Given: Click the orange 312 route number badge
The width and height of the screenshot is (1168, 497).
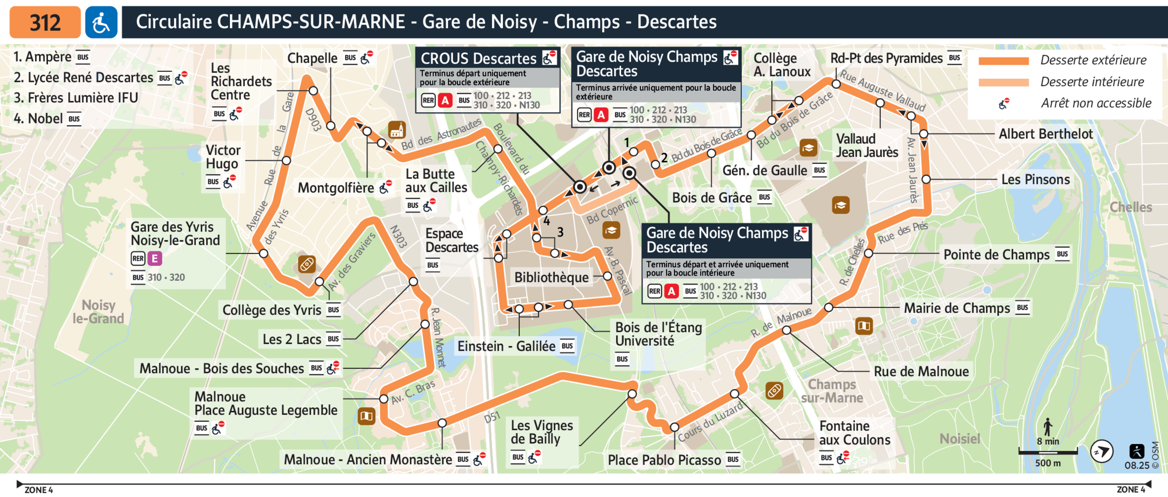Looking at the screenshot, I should click(x=45, y=22).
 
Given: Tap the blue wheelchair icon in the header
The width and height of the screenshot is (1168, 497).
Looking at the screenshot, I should click(x=101, y=22).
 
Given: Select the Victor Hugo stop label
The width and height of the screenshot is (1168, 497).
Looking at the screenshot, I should click(x=223, y=157).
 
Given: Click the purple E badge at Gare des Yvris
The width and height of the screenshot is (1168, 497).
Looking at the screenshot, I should click(x=155, y=259).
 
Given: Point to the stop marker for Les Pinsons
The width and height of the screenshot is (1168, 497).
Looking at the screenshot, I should click(x=926, y=179).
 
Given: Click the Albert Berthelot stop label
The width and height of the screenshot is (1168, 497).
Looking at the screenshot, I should click(x=1045, y=134).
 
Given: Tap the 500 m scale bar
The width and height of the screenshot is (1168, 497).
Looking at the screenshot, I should click(x=1048, y=453).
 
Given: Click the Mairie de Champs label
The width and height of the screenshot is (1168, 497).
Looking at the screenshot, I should click(x=957, y=308).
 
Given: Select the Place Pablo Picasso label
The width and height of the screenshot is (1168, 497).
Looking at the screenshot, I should click(x=664, y=460).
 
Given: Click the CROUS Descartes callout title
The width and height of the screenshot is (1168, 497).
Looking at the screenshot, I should click(x=478, y=58).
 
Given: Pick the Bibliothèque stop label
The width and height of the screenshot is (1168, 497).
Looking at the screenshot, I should click(x=551, y=277).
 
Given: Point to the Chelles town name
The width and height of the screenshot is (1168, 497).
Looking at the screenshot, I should click(x=1130, y=207).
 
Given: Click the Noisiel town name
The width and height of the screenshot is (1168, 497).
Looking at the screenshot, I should click(x=960, y=439).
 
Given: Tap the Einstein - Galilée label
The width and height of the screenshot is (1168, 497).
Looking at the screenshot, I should click(x=506, y=346).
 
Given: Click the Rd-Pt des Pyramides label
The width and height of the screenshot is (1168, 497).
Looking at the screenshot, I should click(x=886, y=58).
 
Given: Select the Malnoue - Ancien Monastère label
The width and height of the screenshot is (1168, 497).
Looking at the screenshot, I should click(x=368, y=459).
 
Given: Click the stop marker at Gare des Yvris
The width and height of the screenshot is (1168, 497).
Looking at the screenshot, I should click(x=263, y=254).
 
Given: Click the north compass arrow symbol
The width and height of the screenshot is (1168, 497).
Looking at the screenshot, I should click(x=1101, y=451).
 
